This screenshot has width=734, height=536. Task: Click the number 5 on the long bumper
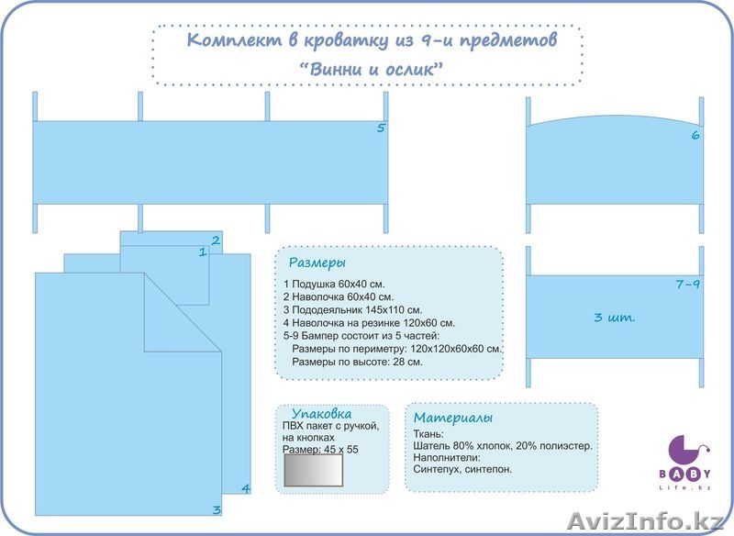(381, 128)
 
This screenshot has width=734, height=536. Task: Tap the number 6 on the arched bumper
(695, 136)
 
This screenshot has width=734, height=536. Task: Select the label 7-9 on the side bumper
(687, 285)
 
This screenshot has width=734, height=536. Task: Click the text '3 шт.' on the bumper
(615, 318)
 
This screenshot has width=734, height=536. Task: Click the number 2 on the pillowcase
(215, 241)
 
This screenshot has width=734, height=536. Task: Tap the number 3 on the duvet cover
(217, 510)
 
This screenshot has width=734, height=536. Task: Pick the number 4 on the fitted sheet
(245, 488)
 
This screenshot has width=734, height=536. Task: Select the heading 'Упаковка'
(321, 414)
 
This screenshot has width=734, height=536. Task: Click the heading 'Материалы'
(453, 418)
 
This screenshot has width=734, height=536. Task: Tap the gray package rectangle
(314, 472)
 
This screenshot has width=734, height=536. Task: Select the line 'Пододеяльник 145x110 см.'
(353, 309)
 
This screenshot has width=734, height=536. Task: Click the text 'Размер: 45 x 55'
(322, 451)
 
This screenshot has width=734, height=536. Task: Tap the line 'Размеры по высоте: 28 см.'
(356, 362)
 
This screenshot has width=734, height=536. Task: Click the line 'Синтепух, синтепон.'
(463, 469)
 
